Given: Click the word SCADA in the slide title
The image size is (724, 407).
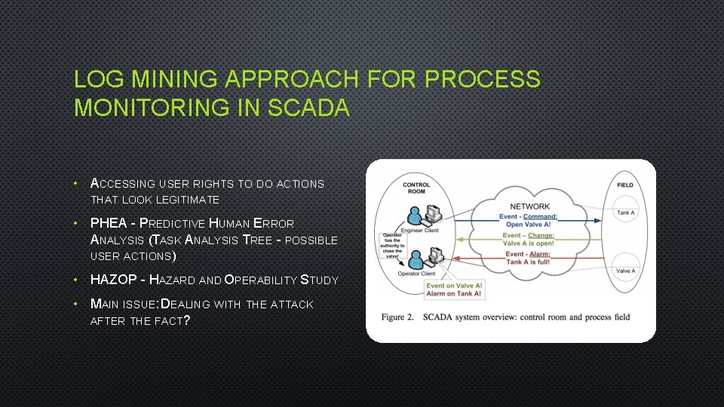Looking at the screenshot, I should tap(310, 108).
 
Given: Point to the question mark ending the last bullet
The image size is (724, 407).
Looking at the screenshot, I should tap(186, 320).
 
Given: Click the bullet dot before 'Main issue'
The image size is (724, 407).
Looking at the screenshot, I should tap(78, 304).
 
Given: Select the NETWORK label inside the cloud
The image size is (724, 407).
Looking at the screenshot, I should tap(529, 206).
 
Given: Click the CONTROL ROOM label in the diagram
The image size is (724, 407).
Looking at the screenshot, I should tap(416, 188).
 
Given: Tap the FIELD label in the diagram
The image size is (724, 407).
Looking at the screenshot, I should tap(624, 185).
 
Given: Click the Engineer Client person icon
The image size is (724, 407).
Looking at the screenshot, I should tap(416, 217).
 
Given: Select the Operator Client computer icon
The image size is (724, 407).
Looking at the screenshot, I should tap(430, 260).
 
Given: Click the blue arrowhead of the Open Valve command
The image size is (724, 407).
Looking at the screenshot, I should tap(600, 221).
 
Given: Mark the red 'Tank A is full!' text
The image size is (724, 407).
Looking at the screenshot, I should tap(529, 262).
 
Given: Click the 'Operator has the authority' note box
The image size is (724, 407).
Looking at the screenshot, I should tap(392, 245).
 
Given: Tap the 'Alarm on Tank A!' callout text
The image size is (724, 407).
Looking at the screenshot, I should tap(454, 294).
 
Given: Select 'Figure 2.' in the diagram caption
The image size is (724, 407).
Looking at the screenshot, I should tap(397, 317).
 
